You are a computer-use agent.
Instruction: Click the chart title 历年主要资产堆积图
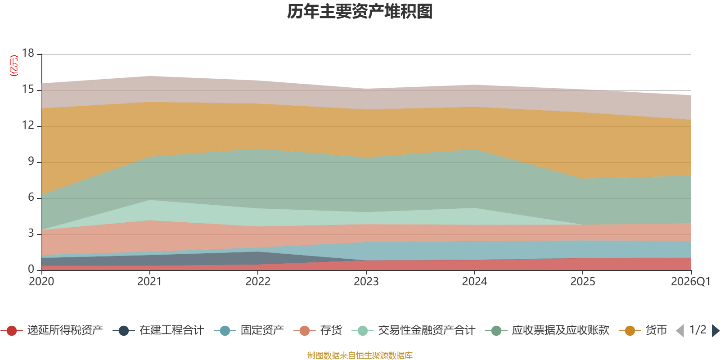tap(360, 12)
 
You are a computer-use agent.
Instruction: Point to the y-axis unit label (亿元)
tap(14, 66)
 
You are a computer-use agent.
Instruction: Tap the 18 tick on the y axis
tap(28, 53)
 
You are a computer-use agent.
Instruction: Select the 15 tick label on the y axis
tap(28, 89)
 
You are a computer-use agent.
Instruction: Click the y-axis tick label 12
tap(28, 125)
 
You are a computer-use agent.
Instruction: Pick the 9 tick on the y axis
tap(31, 161)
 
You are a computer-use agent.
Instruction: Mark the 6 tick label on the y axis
tap(31, 197)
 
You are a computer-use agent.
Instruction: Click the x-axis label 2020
tap(41, 282)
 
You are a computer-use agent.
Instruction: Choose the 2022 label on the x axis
tap(258, 282)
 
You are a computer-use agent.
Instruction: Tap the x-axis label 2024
tap(474, 282)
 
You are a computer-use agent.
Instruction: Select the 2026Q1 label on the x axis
tap(690, 282)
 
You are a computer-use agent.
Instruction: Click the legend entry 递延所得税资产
tap(52, 330)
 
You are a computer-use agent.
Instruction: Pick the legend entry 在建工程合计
tap(158, 330)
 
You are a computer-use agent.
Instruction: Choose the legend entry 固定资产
tap(249, 330)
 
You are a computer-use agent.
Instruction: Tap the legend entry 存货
tap(318, 330)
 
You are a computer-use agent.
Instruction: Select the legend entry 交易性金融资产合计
tap(414, 330)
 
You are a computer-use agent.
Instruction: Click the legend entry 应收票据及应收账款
tap(547, 330)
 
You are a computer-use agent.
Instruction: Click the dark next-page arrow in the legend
tap(715, 331)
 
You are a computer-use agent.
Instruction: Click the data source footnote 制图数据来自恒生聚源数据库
tap(360, 355)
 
